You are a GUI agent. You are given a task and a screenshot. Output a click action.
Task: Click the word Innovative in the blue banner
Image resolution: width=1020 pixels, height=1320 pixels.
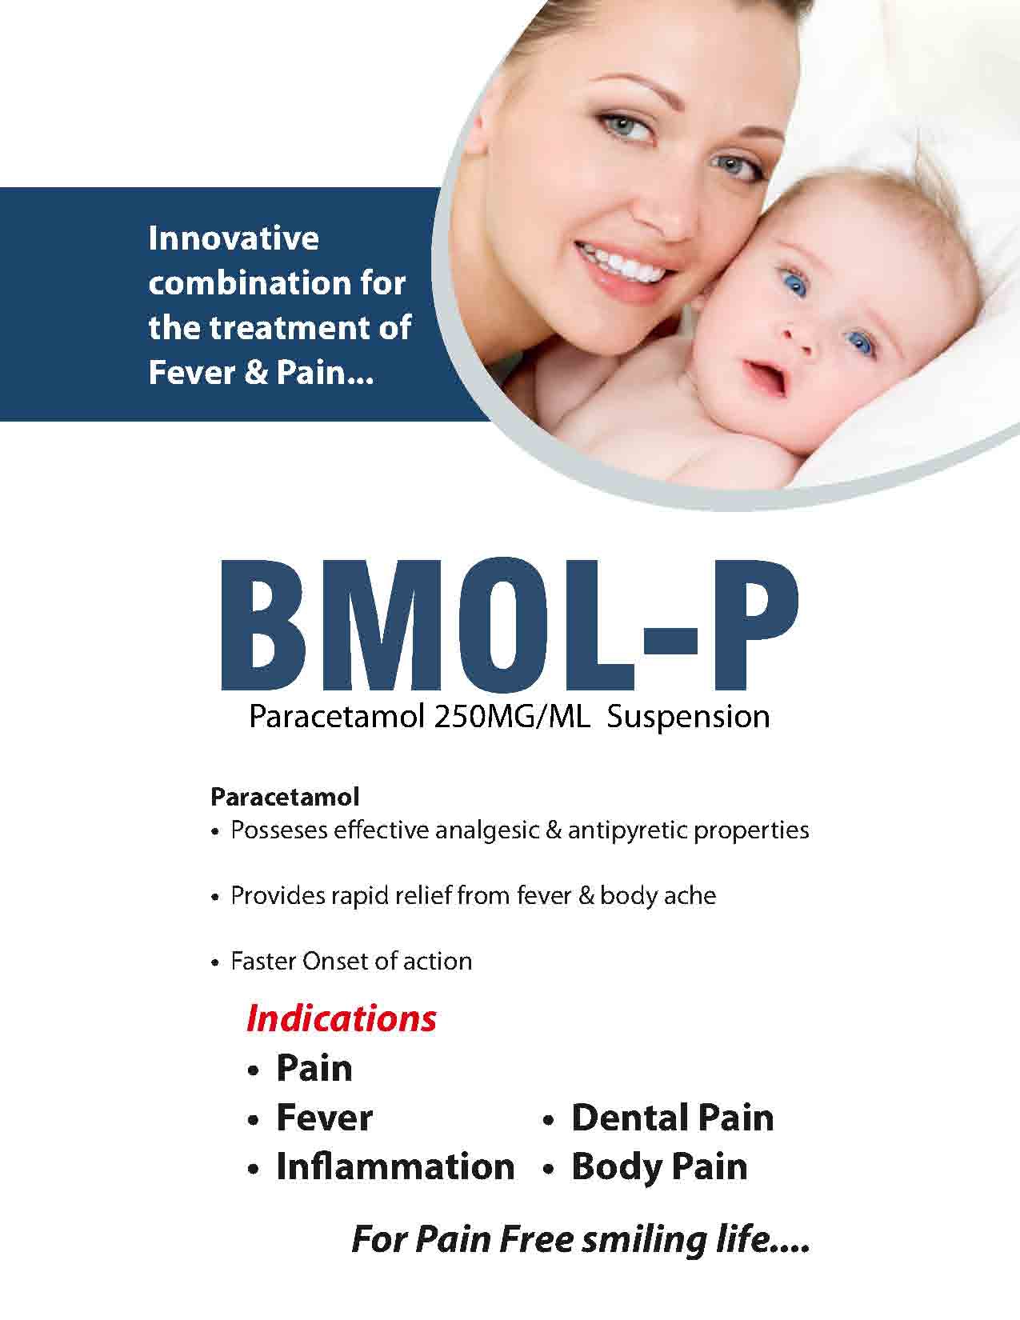(x=234, y=238)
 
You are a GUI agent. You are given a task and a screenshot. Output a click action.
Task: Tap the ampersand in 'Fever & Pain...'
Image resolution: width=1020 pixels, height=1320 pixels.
(x=256, y=372)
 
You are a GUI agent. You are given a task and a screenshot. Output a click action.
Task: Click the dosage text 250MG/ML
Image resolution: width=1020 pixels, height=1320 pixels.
(x=512, y=717)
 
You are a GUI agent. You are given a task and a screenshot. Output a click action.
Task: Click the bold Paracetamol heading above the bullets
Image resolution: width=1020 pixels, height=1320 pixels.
(x=285, y=796)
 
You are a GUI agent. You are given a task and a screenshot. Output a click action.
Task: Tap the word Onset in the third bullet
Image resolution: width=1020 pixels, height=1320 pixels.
(x=335, y=961)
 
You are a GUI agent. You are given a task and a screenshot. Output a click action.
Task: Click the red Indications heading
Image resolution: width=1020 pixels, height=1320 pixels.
(x=342, y=1018)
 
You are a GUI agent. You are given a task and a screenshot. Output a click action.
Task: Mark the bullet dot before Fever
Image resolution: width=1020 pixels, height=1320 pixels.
(x=254, y=1119)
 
